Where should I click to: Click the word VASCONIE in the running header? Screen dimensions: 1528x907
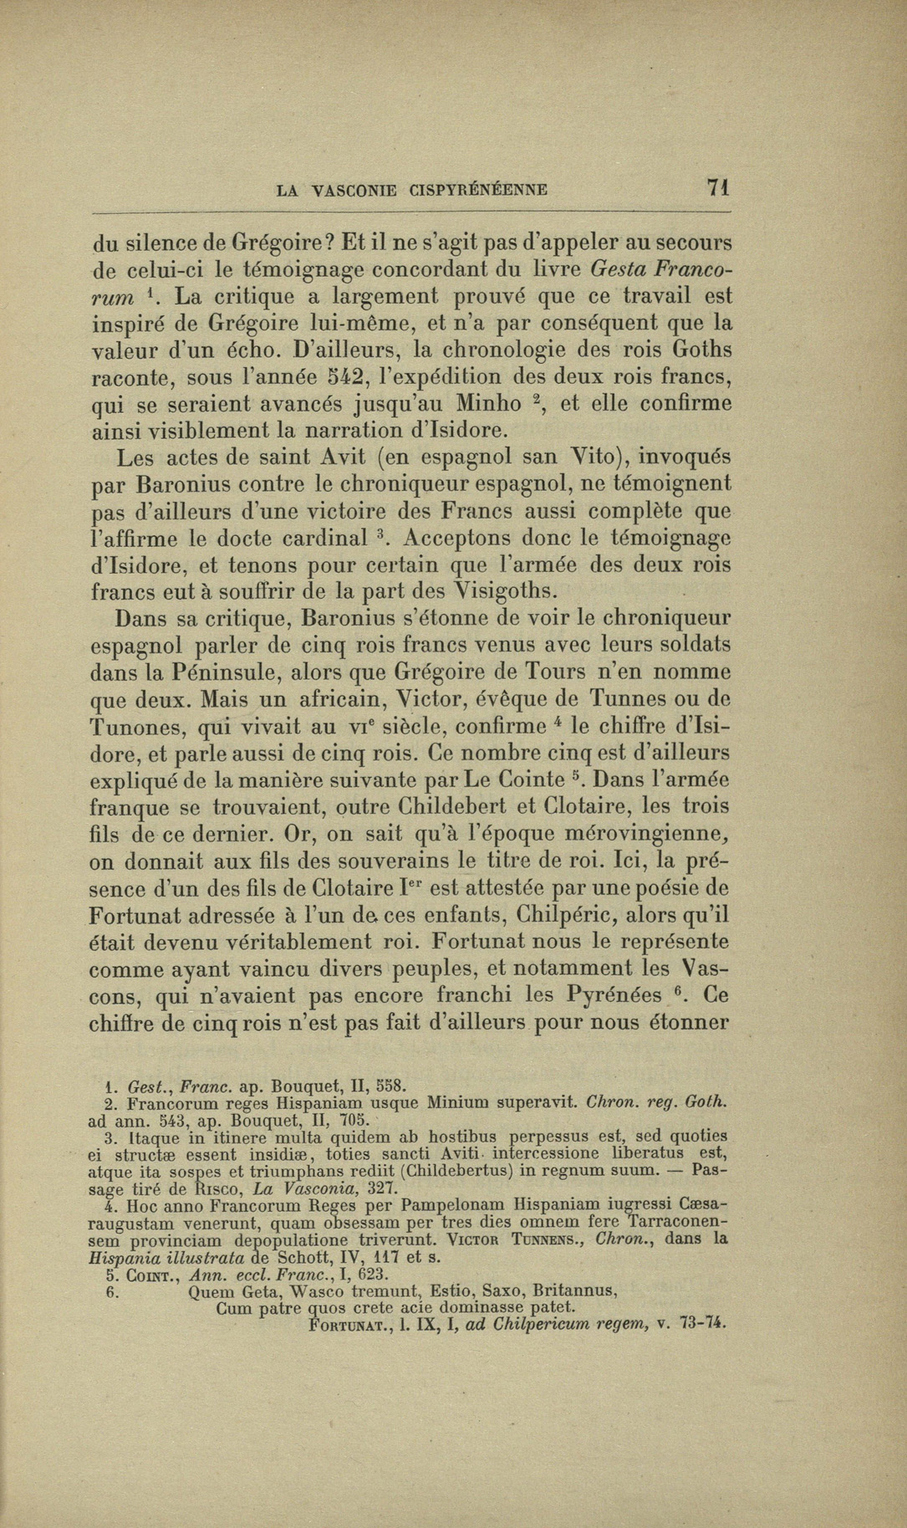(354, 191)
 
